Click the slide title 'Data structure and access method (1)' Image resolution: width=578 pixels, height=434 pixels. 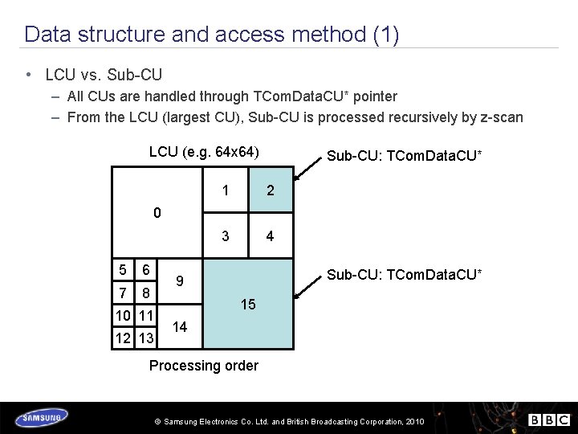(x=211, y=35)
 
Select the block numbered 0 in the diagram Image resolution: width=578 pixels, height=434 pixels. (x=157, y=213)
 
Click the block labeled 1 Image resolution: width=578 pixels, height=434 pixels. (x=226, y=190)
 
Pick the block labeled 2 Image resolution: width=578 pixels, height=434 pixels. (x=271, y=190)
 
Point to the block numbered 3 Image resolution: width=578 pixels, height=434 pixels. (x=226, y=236)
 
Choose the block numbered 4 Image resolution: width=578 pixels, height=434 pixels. (x=271, y=236)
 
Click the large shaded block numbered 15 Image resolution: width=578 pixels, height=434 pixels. (x=248, y=305)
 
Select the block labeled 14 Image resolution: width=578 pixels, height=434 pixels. (x=181, y=327)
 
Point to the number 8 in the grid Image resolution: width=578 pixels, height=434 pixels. (x=145, y=293)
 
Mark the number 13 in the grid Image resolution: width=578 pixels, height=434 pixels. (x=145, y=338)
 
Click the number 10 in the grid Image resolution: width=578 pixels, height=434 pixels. (x=123, y=316)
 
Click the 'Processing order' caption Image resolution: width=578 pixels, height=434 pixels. (x=204, y=366)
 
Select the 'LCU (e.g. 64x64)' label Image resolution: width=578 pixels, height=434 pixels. (x=204, y=152)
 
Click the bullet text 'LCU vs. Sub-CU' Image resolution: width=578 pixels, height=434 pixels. (x=104, y=75)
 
